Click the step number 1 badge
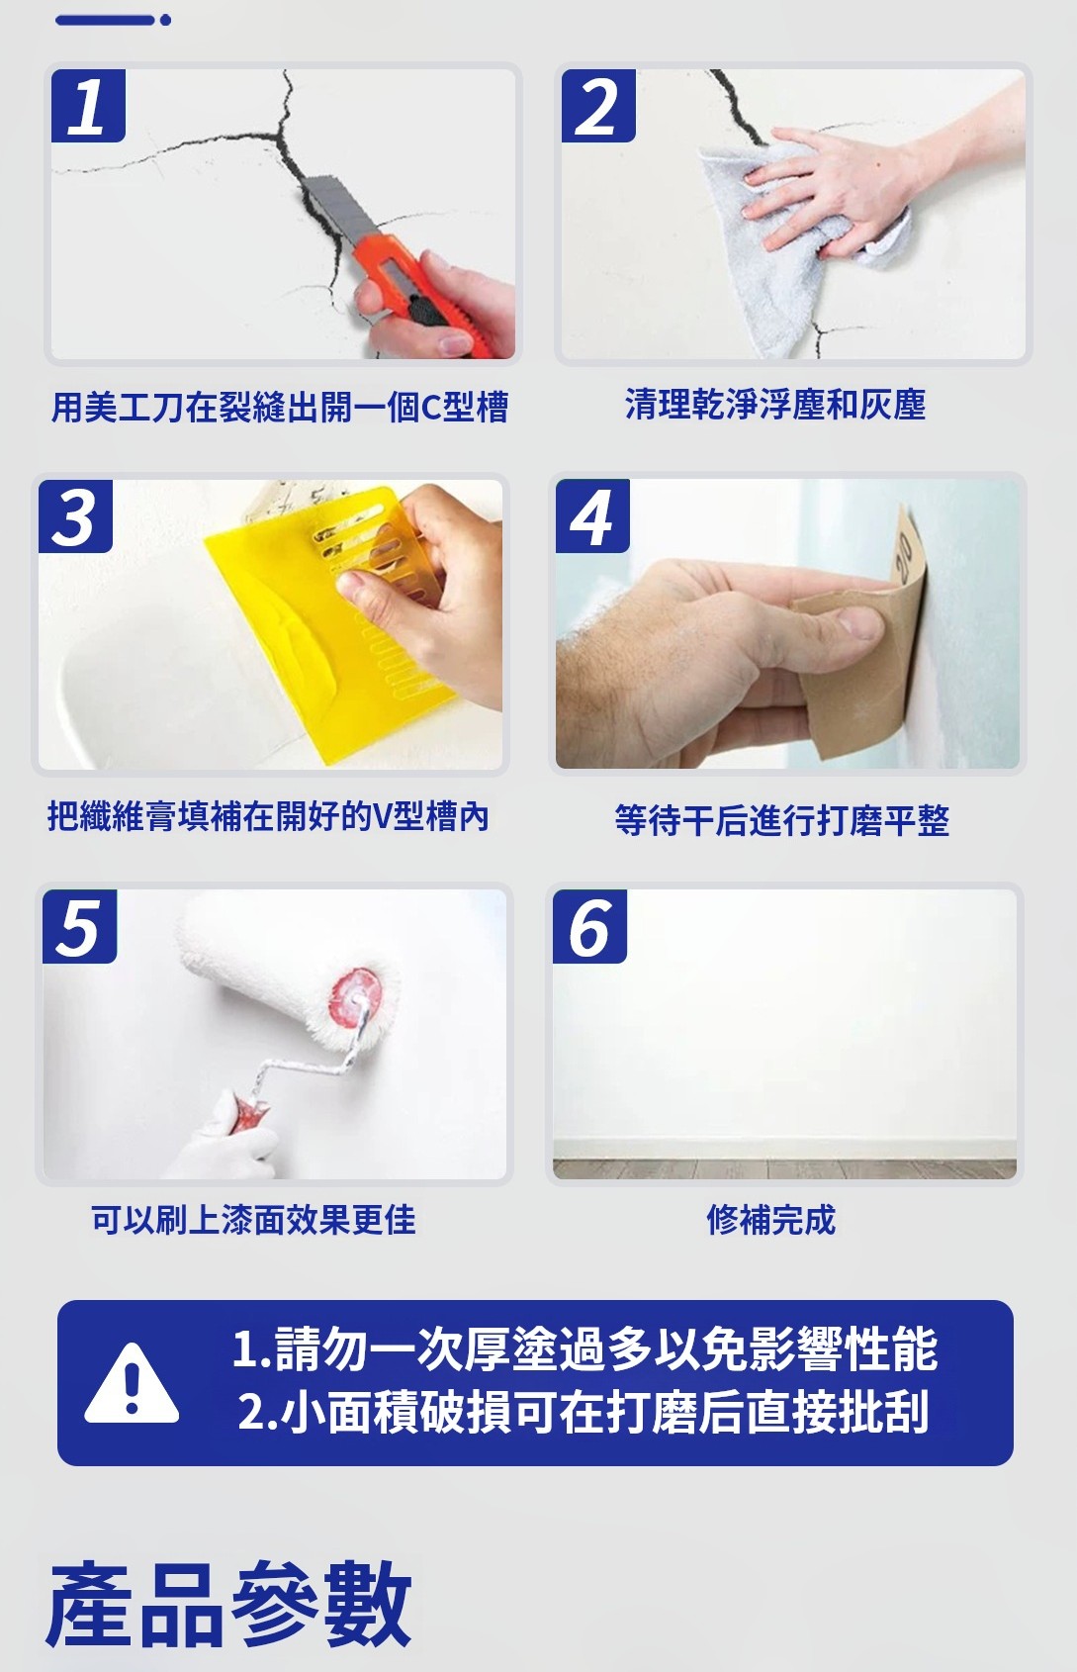(88, 105)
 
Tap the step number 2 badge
(597, 105)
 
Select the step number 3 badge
(75, 515)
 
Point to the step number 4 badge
(592, 515)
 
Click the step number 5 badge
(80, 926)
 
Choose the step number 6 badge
(589, 926)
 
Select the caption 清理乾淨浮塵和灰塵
(775, 406)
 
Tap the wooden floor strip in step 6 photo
(784, 1168)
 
